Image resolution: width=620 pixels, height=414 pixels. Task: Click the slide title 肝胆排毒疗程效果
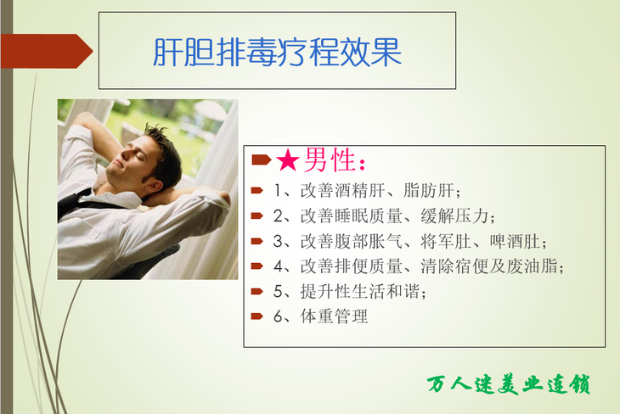pos(277,52)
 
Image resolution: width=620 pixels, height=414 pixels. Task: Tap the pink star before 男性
pos(287,160)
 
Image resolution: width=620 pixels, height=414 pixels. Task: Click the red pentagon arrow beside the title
pos(46,52)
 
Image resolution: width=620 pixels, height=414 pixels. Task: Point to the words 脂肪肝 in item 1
pos(429,190)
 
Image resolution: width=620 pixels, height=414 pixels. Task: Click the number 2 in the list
pos(278,216)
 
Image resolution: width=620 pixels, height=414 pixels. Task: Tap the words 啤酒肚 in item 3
pos(515,242)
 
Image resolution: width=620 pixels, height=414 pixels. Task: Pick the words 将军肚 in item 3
pos(446,242)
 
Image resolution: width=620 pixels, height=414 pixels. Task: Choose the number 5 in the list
pos(278,292)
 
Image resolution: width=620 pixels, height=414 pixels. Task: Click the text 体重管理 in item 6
pos(334,316)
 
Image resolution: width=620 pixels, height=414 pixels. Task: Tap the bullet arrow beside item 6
pos(257,316)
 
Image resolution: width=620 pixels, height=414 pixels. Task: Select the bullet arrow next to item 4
pos(257,266)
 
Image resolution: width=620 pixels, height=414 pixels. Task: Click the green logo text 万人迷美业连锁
pos(509,384)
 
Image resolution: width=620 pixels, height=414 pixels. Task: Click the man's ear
pos(152,185)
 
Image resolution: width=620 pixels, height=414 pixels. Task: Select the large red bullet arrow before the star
pos(262,159)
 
